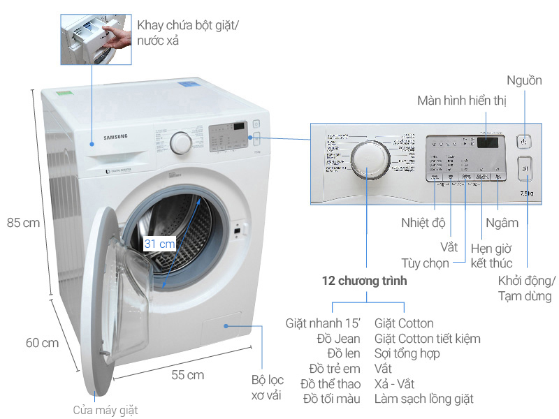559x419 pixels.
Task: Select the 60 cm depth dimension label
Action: coord(42,343)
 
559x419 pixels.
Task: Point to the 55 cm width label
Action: coord(187,375)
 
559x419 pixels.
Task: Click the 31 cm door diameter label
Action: coord(160,244)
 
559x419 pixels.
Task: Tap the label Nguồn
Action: coord(524,80)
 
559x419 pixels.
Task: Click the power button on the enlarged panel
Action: coord(524,142)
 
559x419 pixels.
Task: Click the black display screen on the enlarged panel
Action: coord(488,142)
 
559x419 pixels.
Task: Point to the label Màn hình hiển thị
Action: coord(462,101)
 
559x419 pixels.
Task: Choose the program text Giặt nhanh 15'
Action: coord(324,323)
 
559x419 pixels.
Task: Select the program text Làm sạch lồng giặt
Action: coord(424,399)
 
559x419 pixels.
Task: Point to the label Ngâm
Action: coord(502,223)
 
